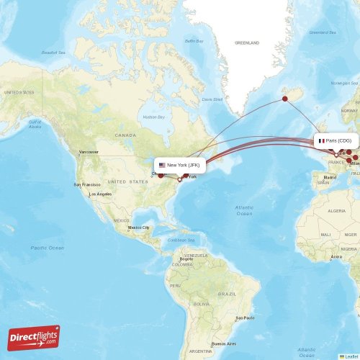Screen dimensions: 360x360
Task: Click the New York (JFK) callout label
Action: pos(180,165)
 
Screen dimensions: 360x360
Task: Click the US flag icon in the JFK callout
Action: pos(162,165)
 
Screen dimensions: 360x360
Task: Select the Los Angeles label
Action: pos(100,194)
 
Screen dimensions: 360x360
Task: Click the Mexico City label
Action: pos(139,228)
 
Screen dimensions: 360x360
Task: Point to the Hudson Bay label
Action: pos(154,117)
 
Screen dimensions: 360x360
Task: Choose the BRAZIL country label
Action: pos(228,294)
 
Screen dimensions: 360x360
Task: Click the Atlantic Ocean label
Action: pos(244,210)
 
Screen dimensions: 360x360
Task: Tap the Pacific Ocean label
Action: pos(47,248)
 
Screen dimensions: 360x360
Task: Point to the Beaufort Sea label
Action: pos(55,52)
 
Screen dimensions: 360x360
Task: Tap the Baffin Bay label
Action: pos(194,41)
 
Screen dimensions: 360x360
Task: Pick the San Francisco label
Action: pos(84,185)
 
